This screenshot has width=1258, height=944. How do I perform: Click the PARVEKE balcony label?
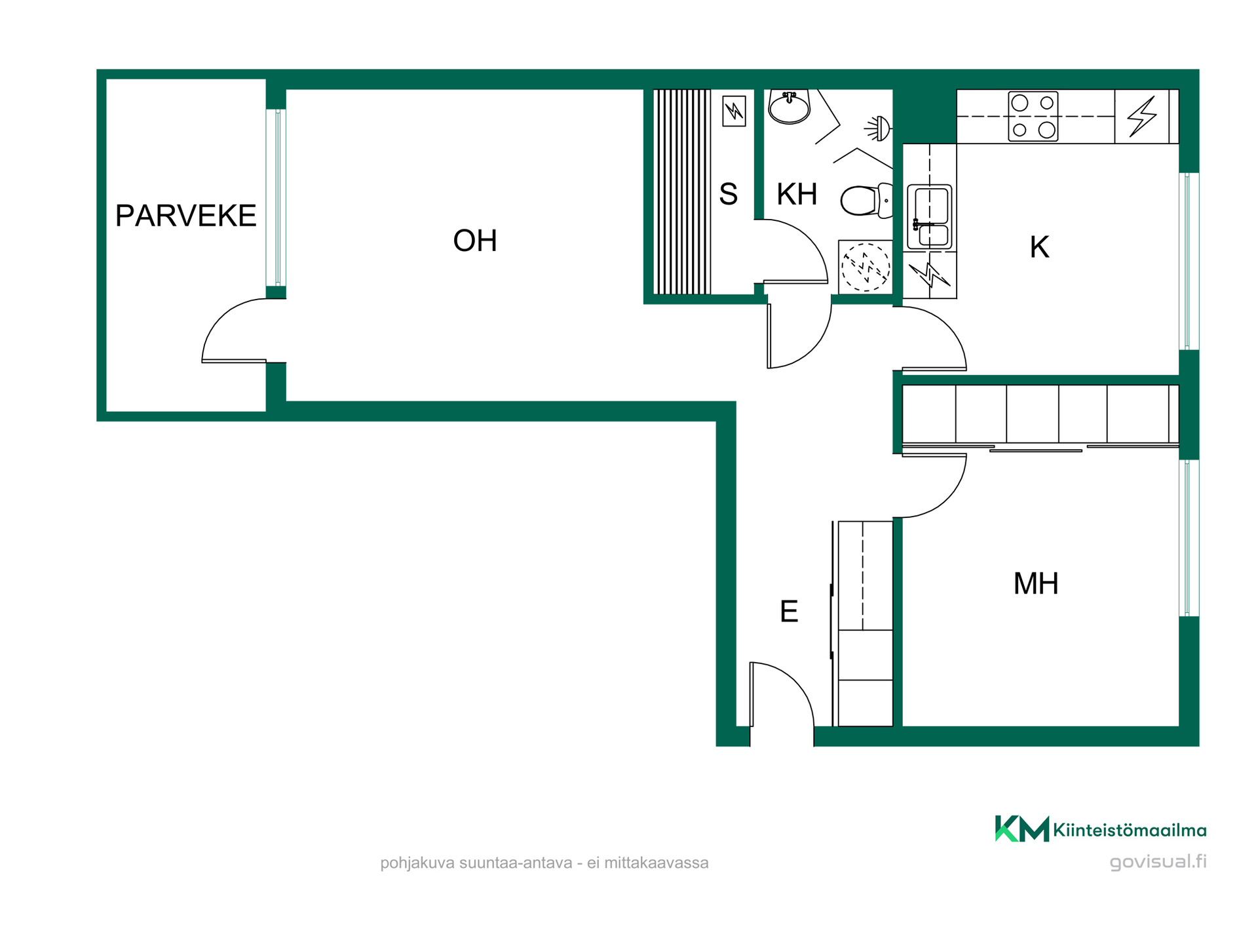pyautogui.click(x=185, y=216)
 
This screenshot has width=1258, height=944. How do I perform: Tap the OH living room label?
pyautogui.click(x=475, y=241)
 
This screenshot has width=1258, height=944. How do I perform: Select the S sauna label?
pyautogui.click(x=729, y=194)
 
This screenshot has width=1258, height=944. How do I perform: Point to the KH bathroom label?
pyautogui.click(x=797, y=194)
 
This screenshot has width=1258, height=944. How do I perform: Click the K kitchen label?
pyautogui.click(x=1039, y=247)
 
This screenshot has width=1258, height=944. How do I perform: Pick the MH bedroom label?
pyautogui.click(x=1036, y=583)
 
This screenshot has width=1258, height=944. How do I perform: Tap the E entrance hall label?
pyautogui.click(x=789, y=612)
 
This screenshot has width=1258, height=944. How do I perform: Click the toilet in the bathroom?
pyautogui.click(x=866, y=201)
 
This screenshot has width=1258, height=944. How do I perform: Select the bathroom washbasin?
pyautogui.click(x=790, y=107)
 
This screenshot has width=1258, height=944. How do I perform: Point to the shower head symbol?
pyautogui.click(x=878, y=128)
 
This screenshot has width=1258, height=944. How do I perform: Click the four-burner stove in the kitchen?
pyautogui.click(x=1033, y=116)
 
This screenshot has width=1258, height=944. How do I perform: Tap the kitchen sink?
pyautogui.click(x=929, y=217)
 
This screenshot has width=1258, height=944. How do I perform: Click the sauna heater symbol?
pyautogui.click(x=734, y=111)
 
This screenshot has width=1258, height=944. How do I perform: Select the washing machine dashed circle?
pyautogui.click(x=866, y=267)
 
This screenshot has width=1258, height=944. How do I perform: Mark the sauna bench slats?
pyautogui.click(x=682, y=191)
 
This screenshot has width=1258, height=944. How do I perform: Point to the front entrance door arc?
pyautogui.click(x=795, y=682)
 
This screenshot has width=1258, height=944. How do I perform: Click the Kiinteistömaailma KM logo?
pyautogui.click(x=1022, y=829)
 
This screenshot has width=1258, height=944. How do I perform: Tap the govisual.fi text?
pyautogui.click(x=1158, y=861)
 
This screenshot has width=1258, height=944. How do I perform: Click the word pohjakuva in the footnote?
pyautogui.click(x=417, y=863)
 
